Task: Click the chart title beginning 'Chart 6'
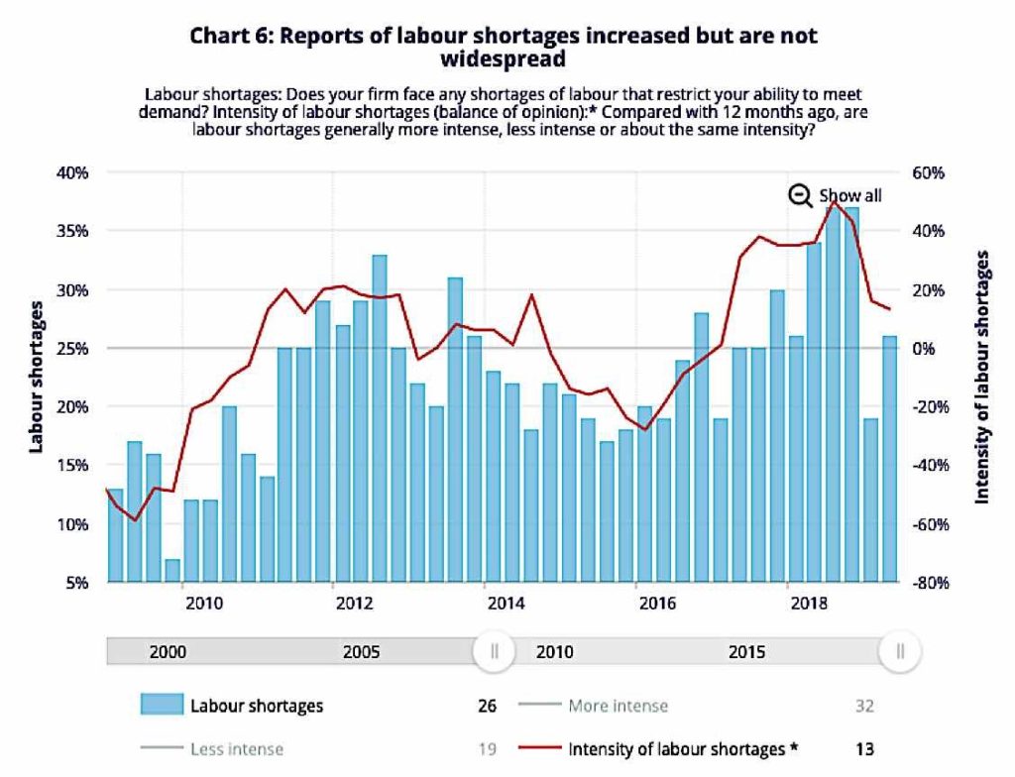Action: coord(506,47)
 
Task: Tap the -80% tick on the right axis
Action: coord(935,583)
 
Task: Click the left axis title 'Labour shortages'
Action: coord(36,378)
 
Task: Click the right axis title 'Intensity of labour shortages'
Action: coord(982,377)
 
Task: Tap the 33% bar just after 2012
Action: coord(379,417)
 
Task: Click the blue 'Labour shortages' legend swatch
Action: coord(162,706)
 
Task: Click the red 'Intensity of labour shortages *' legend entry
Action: coord(683,749)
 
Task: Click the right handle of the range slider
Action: coord(900,652)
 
